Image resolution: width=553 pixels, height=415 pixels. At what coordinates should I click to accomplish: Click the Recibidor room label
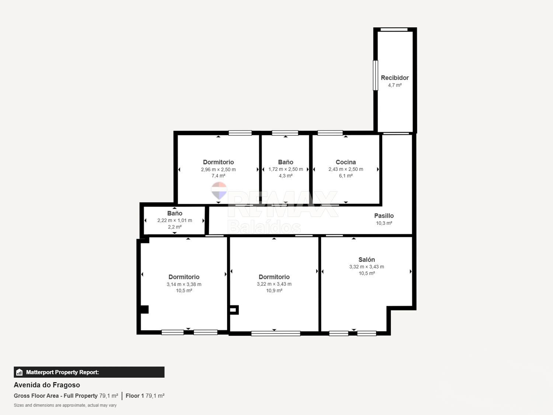(x=394, y=78)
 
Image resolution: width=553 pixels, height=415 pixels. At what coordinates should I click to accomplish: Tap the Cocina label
(x=345, y=162)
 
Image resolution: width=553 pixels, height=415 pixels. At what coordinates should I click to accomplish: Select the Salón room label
(x=366, y=260)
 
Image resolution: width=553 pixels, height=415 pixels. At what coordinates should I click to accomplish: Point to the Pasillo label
(x=384, y=216)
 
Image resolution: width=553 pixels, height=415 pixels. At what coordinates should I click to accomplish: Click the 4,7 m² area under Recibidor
(x=394, y=85)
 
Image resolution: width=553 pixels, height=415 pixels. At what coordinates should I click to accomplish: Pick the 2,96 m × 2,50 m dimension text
(x=218, y=170)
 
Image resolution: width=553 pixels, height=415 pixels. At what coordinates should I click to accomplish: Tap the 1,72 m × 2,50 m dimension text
(x=285, y=169)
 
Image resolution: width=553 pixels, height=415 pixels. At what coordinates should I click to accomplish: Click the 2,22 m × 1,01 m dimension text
(x=174, y=221)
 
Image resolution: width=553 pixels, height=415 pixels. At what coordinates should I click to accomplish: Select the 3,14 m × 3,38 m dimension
(x=184, y=284)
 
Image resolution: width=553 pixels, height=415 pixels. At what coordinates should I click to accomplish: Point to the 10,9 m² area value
(x=274, y=291)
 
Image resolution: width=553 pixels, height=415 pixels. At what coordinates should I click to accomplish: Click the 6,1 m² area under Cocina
(x=345, y=176)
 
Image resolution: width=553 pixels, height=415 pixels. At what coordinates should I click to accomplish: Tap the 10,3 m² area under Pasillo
(x=384, y=223)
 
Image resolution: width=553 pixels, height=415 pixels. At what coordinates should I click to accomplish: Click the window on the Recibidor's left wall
(x=375, y=75)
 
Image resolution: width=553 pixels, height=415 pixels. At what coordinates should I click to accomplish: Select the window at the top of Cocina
(x=330, y=133)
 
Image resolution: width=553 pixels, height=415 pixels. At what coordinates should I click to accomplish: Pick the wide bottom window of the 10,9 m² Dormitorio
(x=275, y=333)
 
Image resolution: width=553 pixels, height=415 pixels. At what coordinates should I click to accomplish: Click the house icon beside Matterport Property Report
(x=20, y=372)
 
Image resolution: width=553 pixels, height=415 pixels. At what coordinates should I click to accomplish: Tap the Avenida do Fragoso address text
(x=47, y=385)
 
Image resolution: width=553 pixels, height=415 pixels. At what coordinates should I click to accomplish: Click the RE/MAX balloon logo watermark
(x=219, y=190)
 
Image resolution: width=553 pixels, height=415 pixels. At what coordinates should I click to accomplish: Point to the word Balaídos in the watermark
(x=264, y=227)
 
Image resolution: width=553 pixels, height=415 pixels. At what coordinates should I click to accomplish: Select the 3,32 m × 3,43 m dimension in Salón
(x=366, y=267)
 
